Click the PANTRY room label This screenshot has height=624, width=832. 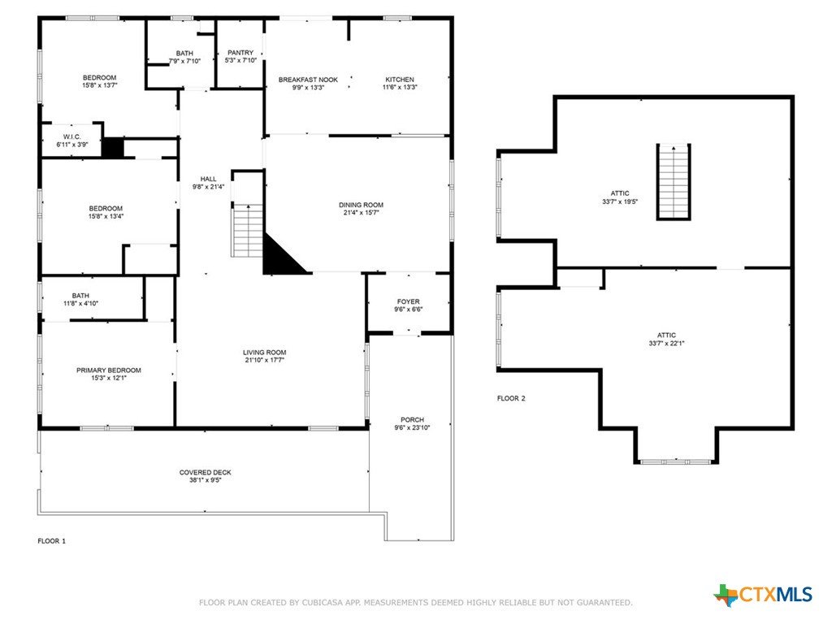240,53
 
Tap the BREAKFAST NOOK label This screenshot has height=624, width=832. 308,80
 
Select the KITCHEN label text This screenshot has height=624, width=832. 400,80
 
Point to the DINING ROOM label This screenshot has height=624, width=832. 361,205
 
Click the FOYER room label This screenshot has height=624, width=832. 408,302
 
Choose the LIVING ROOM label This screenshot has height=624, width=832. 264,353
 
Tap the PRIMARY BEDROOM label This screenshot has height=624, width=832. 109,370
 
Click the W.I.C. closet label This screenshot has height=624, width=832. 72,136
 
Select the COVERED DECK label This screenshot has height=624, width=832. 206,472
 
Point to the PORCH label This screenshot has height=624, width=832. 412,420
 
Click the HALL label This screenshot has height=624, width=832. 209,179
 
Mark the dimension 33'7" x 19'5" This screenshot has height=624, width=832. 620,201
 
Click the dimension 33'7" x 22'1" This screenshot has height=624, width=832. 666,344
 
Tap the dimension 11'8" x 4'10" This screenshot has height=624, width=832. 80,304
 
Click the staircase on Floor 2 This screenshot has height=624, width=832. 674,182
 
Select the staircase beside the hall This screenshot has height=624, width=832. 247,230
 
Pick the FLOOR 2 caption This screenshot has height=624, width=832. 511,398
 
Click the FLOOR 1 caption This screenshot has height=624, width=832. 51,541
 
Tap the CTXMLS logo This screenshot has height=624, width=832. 763,595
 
